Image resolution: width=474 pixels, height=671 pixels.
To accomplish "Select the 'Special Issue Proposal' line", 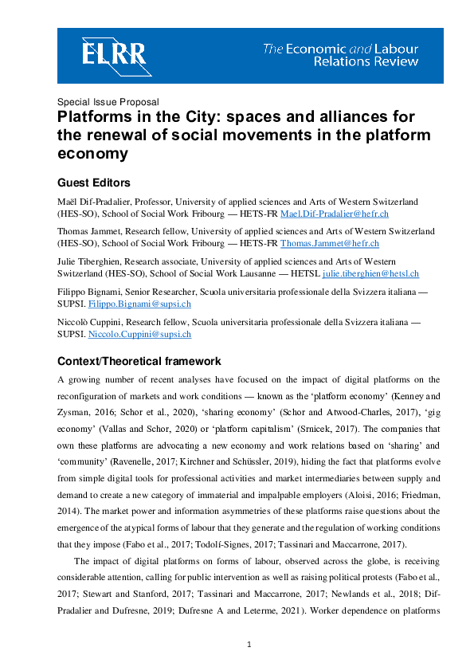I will tap(108, 102).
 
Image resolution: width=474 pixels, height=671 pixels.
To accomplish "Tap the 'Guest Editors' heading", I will tap(93, 182).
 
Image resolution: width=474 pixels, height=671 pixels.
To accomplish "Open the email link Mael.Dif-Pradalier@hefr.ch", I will tap(329, 214).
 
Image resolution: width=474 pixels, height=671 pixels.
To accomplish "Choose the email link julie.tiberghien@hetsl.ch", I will tap(370, 273).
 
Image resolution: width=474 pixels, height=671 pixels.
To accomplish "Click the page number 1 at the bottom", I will tap(249, 644).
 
